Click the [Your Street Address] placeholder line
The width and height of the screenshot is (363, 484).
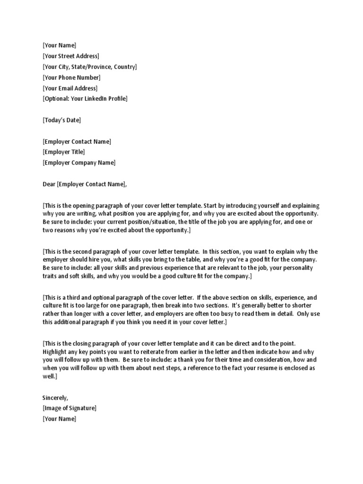coord(71,56)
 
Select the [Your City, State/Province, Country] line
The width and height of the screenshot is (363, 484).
coord(89,67)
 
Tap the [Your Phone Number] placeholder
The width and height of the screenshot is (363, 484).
coord(71,78)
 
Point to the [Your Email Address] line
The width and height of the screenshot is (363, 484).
coord(70,88)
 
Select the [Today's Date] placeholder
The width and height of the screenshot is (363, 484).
coord(61,120)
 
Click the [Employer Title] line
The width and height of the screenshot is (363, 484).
coord(64,152)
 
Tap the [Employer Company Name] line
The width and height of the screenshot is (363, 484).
coord(78,163)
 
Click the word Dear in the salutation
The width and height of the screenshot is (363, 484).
coord(49,184)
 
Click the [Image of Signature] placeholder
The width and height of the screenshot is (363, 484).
coord(69,408)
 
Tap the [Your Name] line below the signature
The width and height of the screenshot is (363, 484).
coord(59,419)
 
